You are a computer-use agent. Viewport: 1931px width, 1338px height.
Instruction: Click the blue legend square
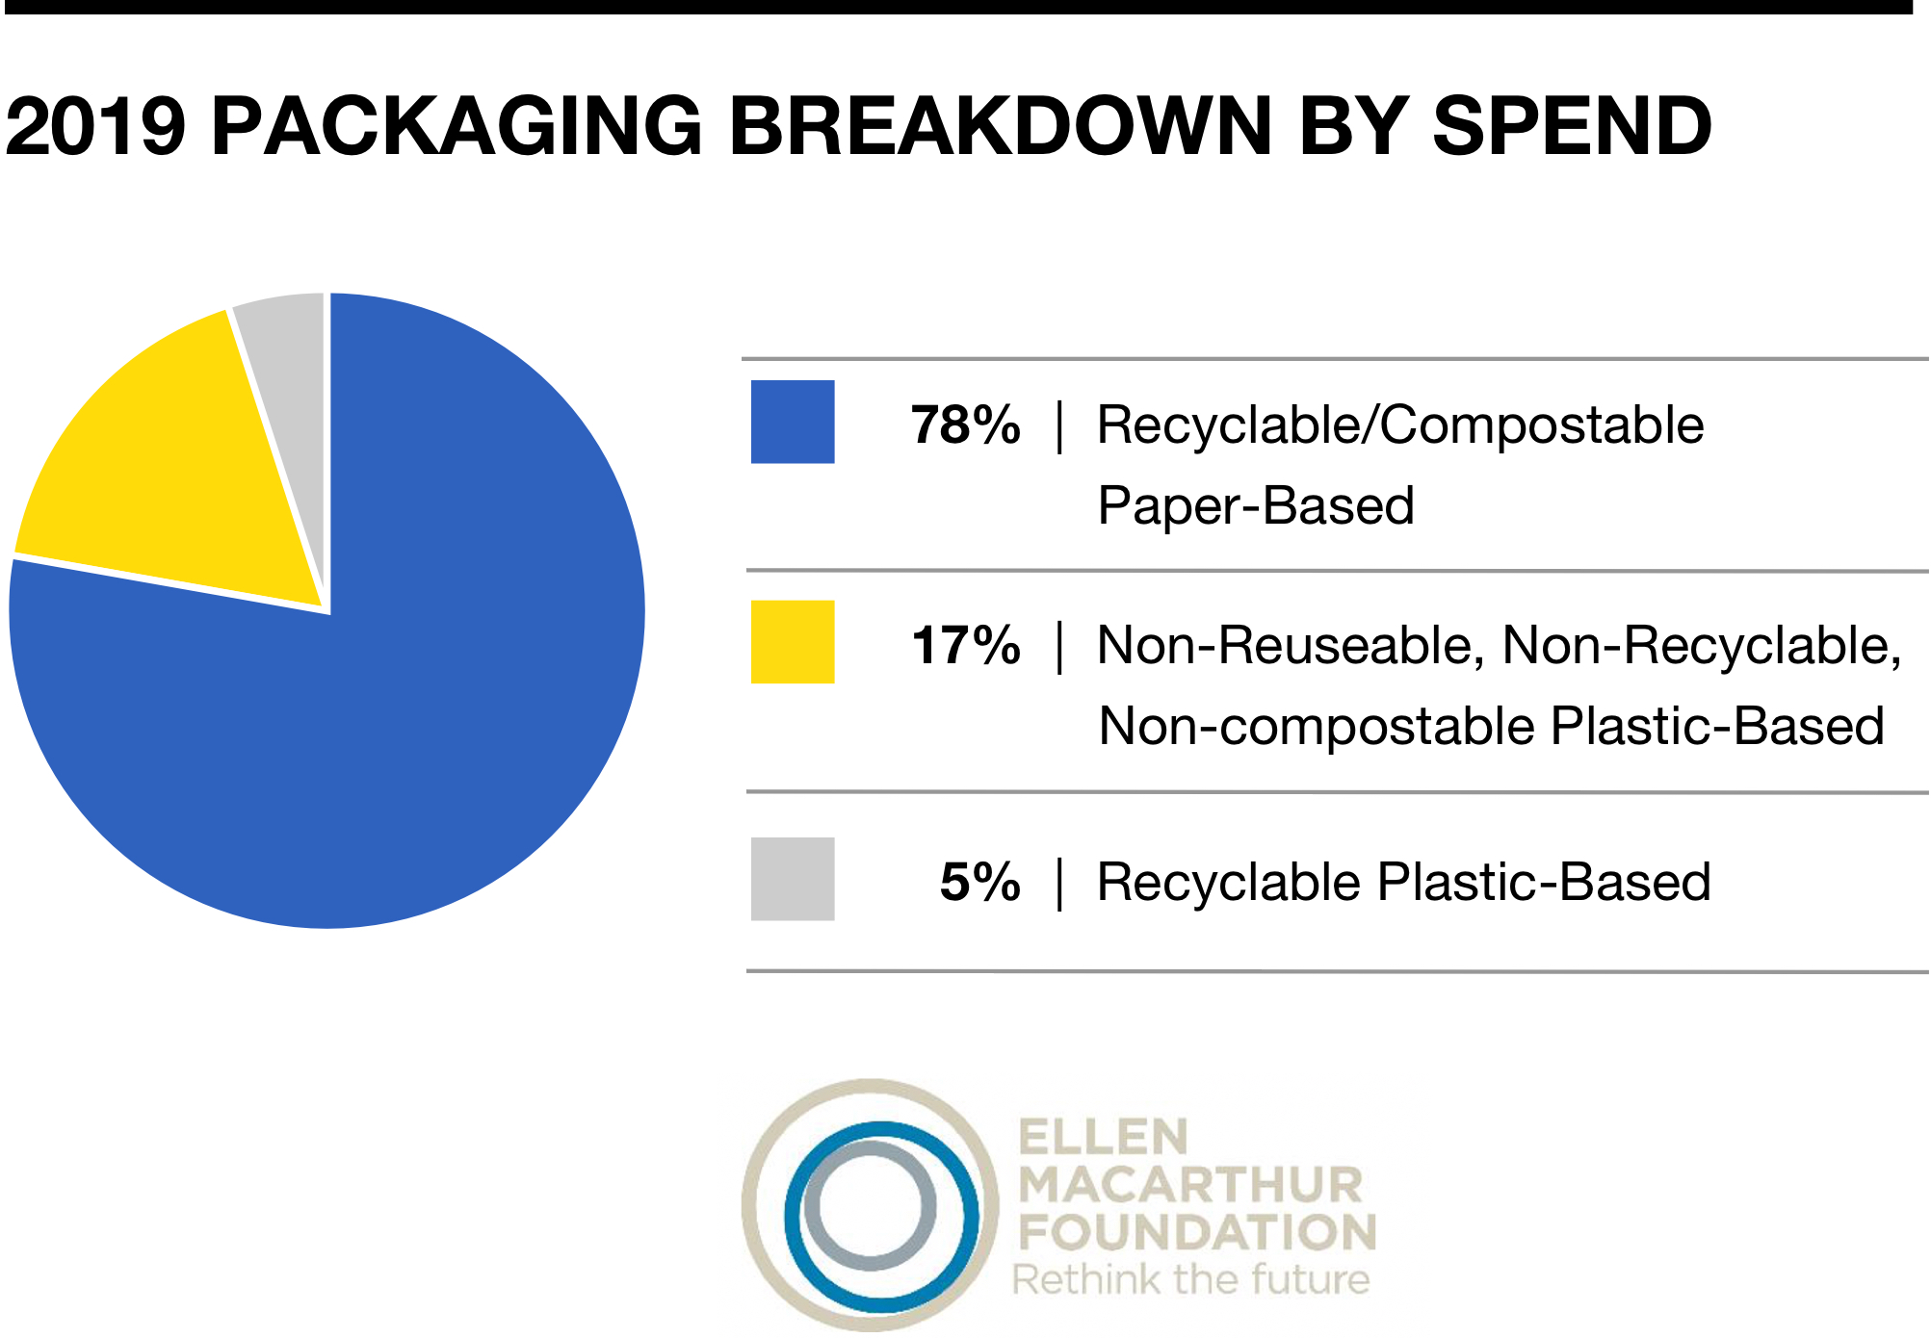[x=793, y=422]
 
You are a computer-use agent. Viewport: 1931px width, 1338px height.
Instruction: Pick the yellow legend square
[x=793, y=642]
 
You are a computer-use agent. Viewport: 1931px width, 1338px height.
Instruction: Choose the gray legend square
[x=793, y=879]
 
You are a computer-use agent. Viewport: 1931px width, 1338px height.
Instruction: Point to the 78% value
[x=965, y=425]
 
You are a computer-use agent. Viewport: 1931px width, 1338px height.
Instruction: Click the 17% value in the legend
[x=965, y=645]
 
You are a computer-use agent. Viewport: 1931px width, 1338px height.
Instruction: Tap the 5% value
[x=979, y=882]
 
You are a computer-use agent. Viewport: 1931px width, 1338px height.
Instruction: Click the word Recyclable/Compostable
[x=1400, y=425]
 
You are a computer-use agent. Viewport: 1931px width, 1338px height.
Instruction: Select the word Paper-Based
[x=1256, y=506]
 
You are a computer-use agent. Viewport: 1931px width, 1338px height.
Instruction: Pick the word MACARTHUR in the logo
[x=1191, y=1186]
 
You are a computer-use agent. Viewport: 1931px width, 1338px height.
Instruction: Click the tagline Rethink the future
[x=1191, y=1279]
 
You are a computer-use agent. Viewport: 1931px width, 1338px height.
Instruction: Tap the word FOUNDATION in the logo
[x=1198, y=1233]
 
